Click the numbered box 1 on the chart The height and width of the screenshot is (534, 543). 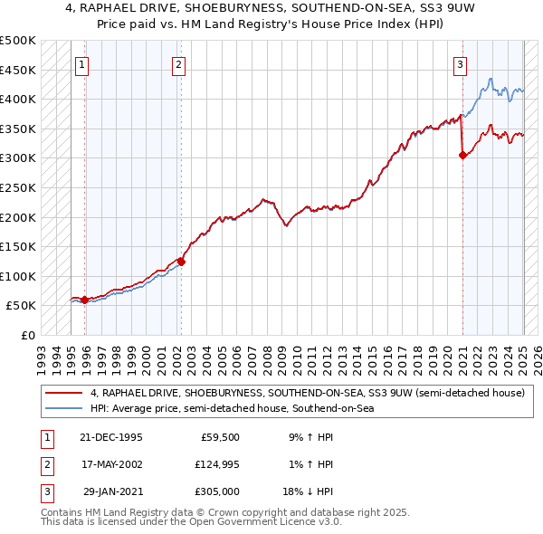[82, 63]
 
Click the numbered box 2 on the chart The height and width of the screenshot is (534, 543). [179, 63]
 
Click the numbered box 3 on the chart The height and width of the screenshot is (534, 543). [461, 63]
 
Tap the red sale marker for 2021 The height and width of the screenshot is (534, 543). [462, 155]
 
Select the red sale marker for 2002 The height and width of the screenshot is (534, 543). [181, 262]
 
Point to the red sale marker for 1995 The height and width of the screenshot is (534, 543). [85, 300]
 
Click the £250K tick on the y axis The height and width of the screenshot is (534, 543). [18, 187]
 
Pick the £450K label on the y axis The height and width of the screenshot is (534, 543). [18, 70]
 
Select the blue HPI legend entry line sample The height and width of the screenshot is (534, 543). [64, 408]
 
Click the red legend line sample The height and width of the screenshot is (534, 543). [64, 393]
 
